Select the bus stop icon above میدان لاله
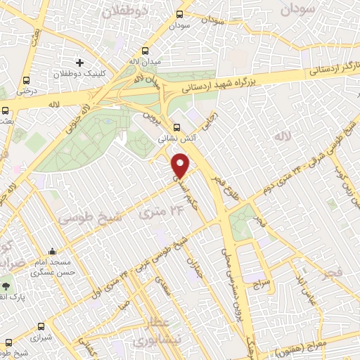coord(146,51)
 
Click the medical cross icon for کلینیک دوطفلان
coord(79,63)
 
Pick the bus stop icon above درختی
coord(27,80)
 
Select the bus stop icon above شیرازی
coord(41,326)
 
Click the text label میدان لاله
coord(146,63)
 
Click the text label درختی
coord(27,91)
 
